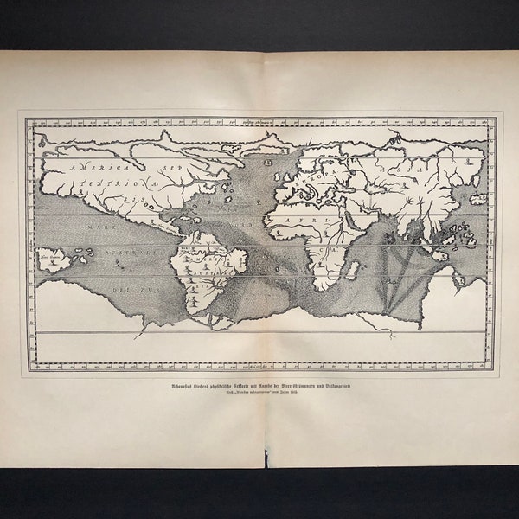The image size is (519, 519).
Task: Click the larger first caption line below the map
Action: pos(259,388)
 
